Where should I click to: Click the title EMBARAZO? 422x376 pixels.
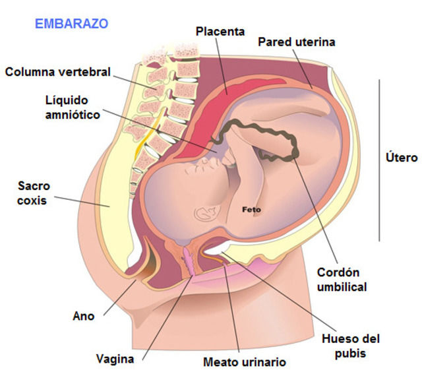[x=71, y=24]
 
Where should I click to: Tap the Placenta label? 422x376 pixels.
[x=220, y=31]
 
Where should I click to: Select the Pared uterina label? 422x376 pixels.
[x=296, y=42]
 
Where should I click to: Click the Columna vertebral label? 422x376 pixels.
[x=58, y=71]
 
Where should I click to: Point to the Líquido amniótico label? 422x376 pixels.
[x=72, y=107]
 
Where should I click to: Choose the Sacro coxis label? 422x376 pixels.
[x=33, y=193]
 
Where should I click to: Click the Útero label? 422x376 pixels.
[x=401, y=158]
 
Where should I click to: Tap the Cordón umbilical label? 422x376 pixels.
[x=342, y=280]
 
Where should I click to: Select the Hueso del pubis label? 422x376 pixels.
[x=350, y=346]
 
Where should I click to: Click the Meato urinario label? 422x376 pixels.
[x=244, y=362]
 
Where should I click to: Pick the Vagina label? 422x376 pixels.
[x=115, y=359]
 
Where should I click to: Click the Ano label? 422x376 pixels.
[x=83, y=316]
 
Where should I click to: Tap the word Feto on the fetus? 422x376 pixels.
[x=251, y=210]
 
